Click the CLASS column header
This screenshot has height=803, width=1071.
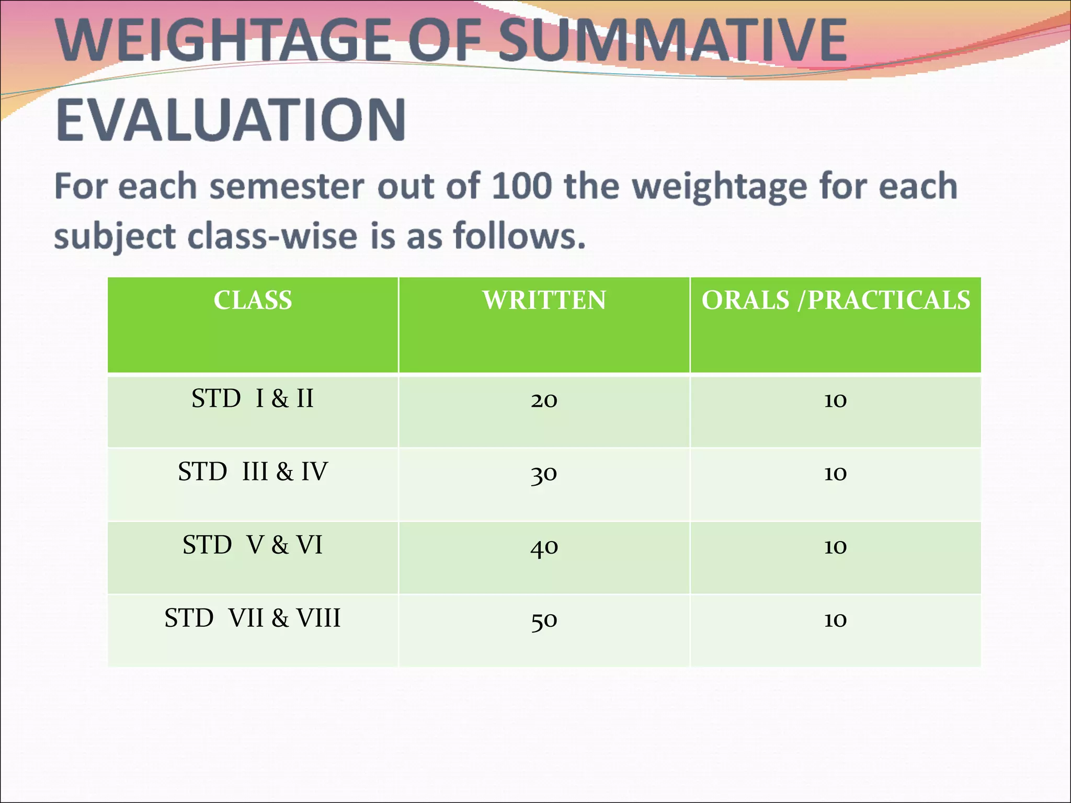pyautogui.click(x=253, y=301)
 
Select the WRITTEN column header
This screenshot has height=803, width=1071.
pyautogui.click(x=544, y=301)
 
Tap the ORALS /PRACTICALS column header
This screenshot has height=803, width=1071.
pyautogui.click(x=835, y=301)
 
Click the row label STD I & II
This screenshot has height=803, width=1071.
pyautogui.click(x=253, y=399)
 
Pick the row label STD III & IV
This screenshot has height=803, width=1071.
pyautogui.click(x=253, y=472)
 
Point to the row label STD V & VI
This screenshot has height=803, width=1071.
pyautogui.click(x=253, y=545)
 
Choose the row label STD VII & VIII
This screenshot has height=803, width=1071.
pyautogui.click(x=253, y=618)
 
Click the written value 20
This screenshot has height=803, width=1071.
pyautogui.click(x=544, y=400)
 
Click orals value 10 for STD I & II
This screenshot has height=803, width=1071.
pyautogui.click(x=835, y=400)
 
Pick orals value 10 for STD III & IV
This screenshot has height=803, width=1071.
pyautogui.click(x=835, y=474)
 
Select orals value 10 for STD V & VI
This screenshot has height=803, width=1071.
pyautogui.click(x=835, y=547)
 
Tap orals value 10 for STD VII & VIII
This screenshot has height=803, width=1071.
pyautogui.click(x=835, y=620)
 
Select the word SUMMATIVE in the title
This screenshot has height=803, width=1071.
pyautogui.click(x=673, y=41)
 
